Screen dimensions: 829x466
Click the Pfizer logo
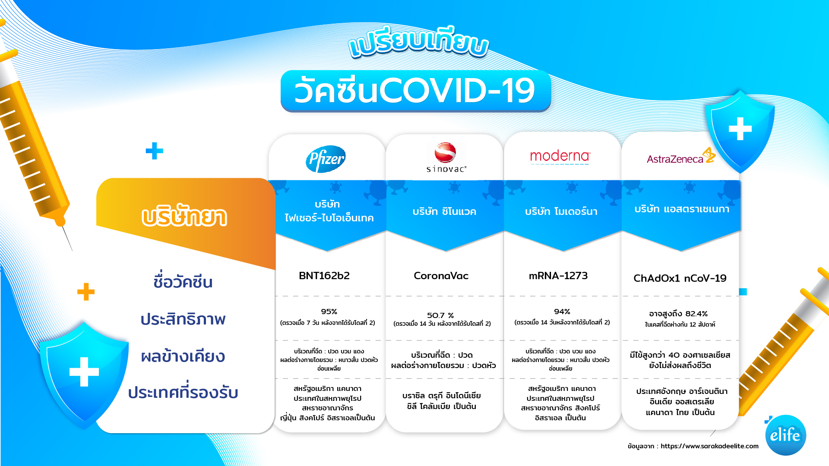(326, 159)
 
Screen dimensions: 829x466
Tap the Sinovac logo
(446, 157)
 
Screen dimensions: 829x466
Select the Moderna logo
(560, 157)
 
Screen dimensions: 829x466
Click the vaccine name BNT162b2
(324, 276)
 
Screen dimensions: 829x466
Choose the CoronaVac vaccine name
(441, 276)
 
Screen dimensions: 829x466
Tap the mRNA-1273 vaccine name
(558, 276)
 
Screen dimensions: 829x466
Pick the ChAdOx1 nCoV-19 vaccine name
(680, 278)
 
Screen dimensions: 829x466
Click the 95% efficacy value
(329, 312)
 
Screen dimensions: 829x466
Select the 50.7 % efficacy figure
(440, 315)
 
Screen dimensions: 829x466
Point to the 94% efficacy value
(562, 312)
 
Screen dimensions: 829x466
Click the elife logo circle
(785, 435)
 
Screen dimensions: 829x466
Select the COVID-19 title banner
(415, 91)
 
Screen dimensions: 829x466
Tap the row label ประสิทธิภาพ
(183, 319)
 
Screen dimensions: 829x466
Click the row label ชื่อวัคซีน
(183, 281)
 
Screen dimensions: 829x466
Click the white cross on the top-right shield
(740, 129)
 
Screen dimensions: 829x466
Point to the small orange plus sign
(86, 292)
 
